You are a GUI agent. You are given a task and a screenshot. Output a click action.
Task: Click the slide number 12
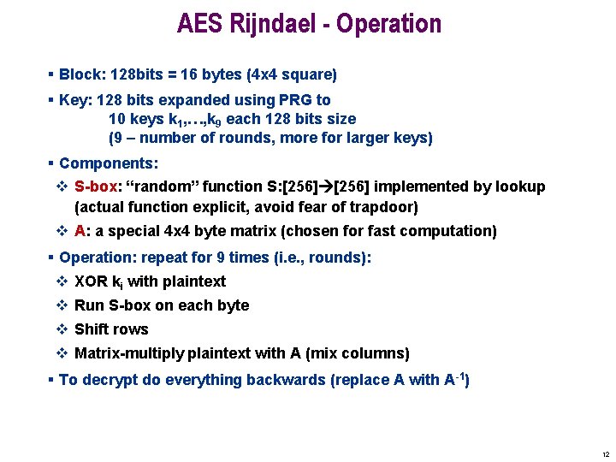click(606, 453)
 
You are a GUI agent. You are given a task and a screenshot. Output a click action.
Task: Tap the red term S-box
click(95, 187)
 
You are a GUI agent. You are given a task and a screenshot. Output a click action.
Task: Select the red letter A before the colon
click(80, 231)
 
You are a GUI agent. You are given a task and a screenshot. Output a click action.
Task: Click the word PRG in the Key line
click(282, 100)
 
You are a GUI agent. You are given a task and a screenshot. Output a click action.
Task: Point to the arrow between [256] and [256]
click(323, 187)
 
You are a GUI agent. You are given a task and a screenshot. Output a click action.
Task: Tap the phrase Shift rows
click(111, 329)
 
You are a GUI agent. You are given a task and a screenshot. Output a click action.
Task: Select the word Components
click(107, 163)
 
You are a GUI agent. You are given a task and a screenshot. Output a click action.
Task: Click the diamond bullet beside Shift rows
click(62, 329)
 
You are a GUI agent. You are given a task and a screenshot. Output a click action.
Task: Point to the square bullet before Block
click(51, 74)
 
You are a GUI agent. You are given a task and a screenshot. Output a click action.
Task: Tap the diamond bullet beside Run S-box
click(62, 305)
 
